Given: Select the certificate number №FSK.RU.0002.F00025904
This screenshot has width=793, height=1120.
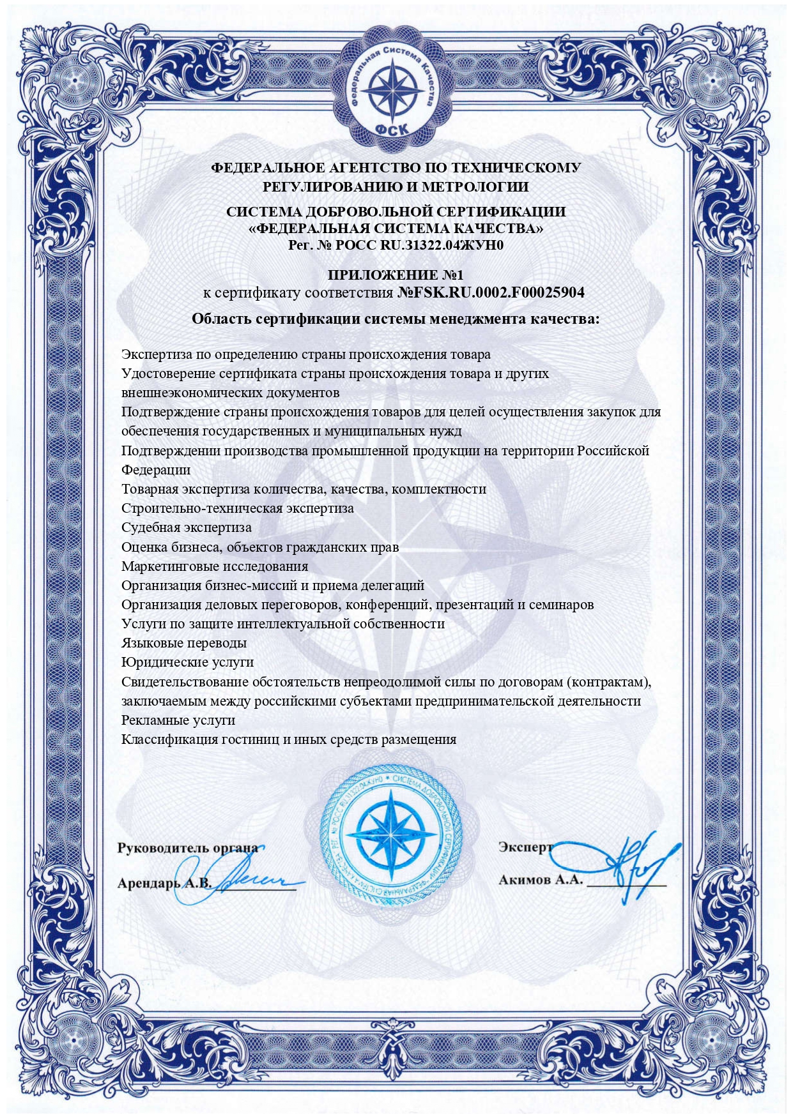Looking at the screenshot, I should (491, 293).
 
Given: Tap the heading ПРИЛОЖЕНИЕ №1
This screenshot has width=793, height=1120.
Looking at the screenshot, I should (396, 275).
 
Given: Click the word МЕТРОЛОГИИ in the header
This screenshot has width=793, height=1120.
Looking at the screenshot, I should (475, 187).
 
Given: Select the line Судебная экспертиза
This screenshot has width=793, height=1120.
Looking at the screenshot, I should (187, 528).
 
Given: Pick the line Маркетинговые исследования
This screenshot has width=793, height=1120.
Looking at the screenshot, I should (215, 566).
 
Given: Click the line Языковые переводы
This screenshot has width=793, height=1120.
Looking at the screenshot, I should (184, 643).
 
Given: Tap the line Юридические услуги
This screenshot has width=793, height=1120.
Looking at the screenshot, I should (187, 662).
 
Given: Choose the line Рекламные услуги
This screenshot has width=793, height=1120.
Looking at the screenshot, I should (178, 720).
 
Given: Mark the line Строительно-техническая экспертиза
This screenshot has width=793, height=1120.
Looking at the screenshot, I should (237, 509).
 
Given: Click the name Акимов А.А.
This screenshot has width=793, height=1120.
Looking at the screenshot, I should (541, 880).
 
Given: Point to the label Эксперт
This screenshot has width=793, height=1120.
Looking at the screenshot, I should (525, 847).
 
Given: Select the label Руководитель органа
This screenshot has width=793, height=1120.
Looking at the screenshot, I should (187, 848).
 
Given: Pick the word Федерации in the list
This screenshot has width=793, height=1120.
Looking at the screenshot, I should (156, 470).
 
